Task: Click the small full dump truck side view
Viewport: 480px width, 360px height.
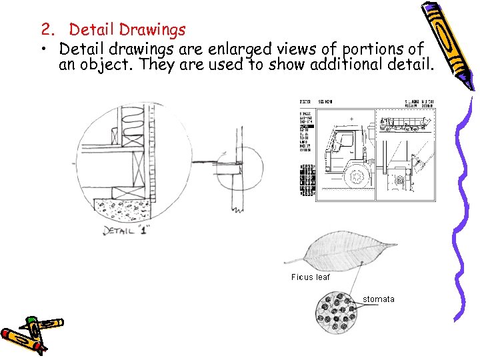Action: pyautogui.click(x=406, y=124)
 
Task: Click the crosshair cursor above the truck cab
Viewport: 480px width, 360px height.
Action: pyautogui.click(x=351, y=121)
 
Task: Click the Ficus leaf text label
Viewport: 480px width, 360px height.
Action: pyautogui.click(x=310, y=277)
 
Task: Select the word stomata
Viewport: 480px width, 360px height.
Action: pyautogui.click(x=378, y=299)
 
